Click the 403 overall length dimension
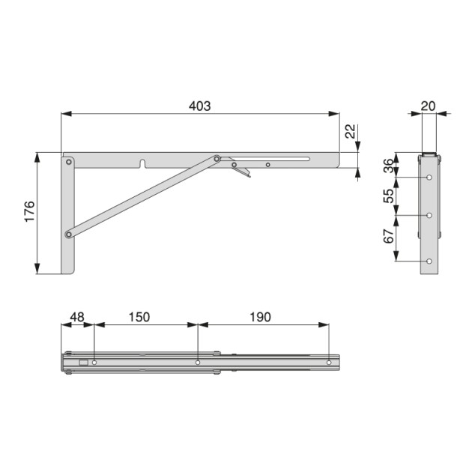coord(199,106)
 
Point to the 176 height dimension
coord(28,214)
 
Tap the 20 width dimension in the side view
coord(428,106)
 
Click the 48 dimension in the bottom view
coord(76,317)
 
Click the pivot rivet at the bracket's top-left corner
coord(68,161)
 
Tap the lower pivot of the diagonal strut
coord(68,235)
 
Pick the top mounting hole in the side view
coord(429,178)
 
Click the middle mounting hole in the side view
coord(429,216)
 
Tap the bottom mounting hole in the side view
coord(429,261)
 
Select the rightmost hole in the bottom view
coord(328,363)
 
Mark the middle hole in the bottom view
coord(198,363)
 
